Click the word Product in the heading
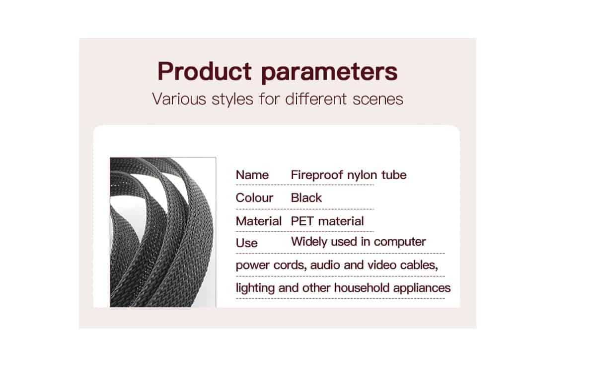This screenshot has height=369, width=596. coord(204,71)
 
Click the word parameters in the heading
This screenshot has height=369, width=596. coord(329,73)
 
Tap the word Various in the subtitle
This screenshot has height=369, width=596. coord(179,99)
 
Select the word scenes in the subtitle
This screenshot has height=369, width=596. coord(378,99)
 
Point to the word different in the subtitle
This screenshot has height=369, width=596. coord(316,99)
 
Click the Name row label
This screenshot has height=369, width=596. coord(252,175)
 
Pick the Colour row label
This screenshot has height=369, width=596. coord(254,198)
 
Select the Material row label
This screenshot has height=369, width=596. coord(259,221)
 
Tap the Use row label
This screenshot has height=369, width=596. coord(247,243)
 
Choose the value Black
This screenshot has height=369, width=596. coord(306,198)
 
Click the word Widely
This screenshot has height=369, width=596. coord(309,242)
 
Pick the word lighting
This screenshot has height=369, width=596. coord(255,288)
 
